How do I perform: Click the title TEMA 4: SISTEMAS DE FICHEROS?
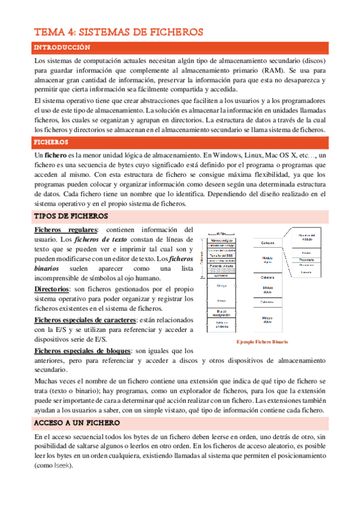(x=118, y=32)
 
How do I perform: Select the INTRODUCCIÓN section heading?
(x=61, y=47)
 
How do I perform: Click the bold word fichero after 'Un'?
(x=55, y=155)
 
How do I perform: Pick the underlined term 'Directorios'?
(x=55, y=289)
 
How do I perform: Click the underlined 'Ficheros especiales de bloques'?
(x=82, y=350)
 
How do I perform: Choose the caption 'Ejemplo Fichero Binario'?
(x=261, y=342)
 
